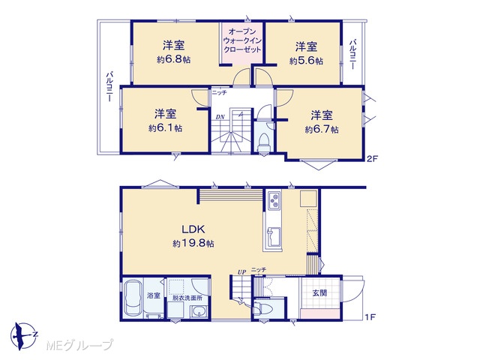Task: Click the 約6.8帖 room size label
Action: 173,60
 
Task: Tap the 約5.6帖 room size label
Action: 306,61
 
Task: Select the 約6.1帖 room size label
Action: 165,128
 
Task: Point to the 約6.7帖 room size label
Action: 322,130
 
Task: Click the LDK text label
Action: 193,229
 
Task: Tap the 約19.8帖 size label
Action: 193,243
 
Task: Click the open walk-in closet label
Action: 242,40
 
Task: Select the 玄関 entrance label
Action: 319,293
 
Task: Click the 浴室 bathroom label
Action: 154,295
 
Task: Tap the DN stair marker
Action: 220,117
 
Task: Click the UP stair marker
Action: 241,271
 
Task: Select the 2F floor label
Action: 373,158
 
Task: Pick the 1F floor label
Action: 370,316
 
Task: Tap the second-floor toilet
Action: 264,143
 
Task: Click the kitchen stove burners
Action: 274,201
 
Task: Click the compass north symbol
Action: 24,336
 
